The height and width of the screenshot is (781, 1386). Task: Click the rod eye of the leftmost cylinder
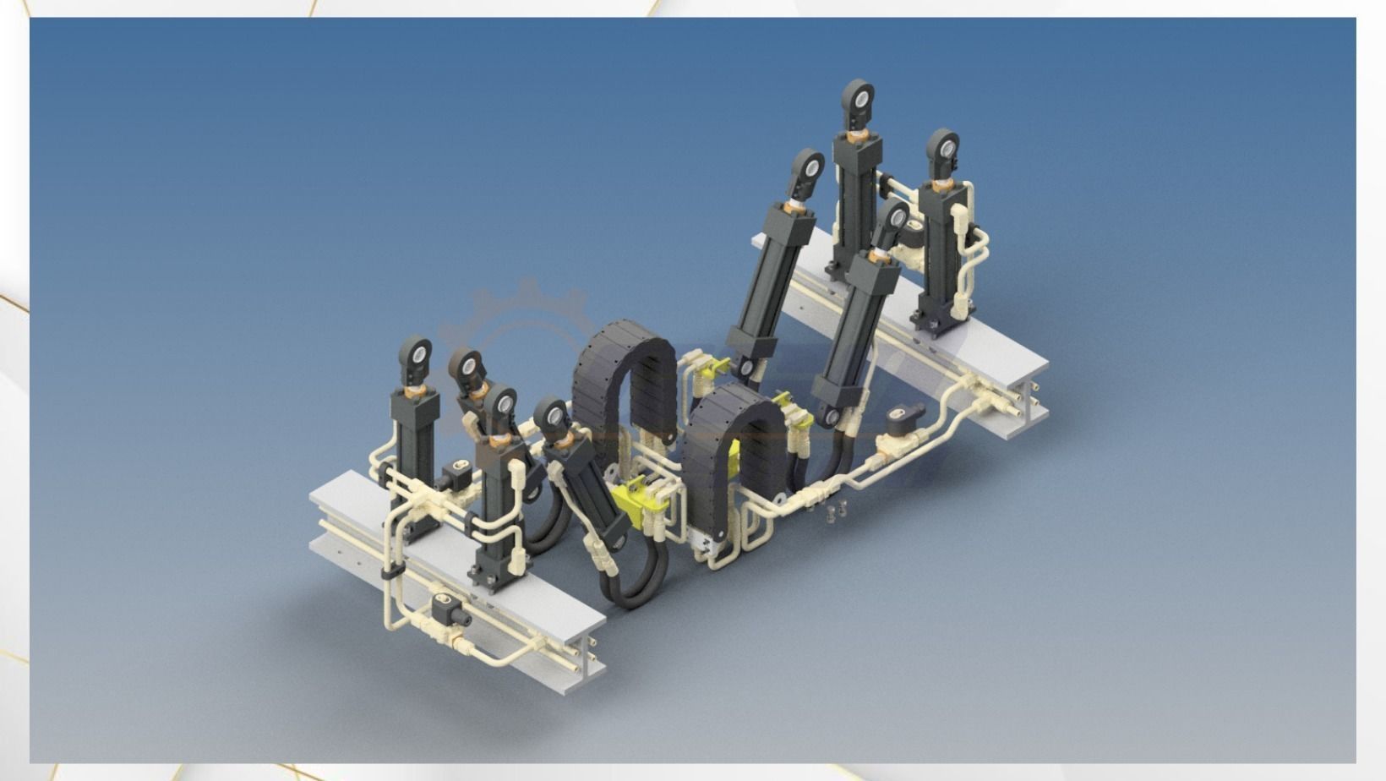[417, 353]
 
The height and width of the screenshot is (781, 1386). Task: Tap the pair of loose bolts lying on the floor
[832, 510]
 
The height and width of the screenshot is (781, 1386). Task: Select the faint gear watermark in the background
[524, 325]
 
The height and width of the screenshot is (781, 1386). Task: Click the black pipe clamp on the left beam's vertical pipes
[390, 573]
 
